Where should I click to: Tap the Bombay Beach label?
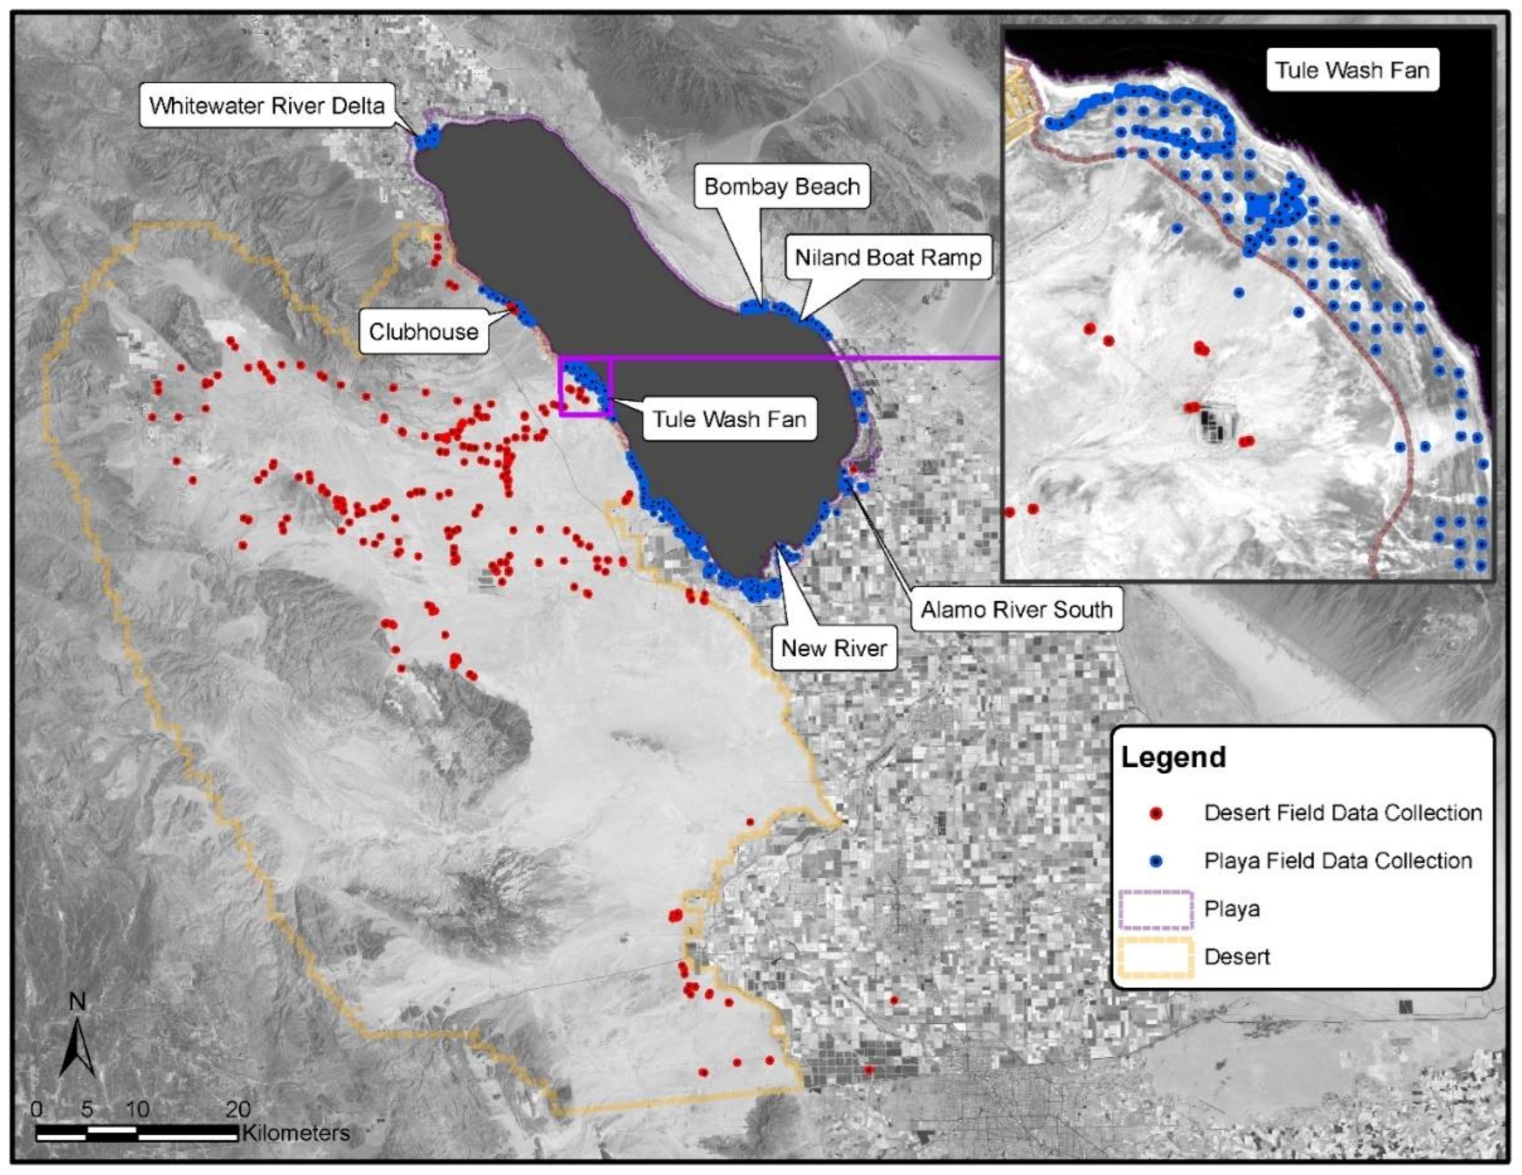point(782,187)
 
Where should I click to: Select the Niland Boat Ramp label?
point(888,258)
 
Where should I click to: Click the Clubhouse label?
point(423,332)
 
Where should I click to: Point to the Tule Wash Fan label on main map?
point(729,420)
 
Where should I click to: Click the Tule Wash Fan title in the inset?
point(1352,70)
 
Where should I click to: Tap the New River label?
point(834,648)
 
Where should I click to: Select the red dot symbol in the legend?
point(1156,813)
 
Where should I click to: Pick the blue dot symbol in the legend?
point(1156,861)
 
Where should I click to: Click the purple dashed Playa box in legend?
point(1156,909)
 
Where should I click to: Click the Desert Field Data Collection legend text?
point(1342,813)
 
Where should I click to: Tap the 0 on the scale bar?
point(37,1109)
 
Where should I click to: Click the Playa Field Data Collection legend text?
point(1337,861)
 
